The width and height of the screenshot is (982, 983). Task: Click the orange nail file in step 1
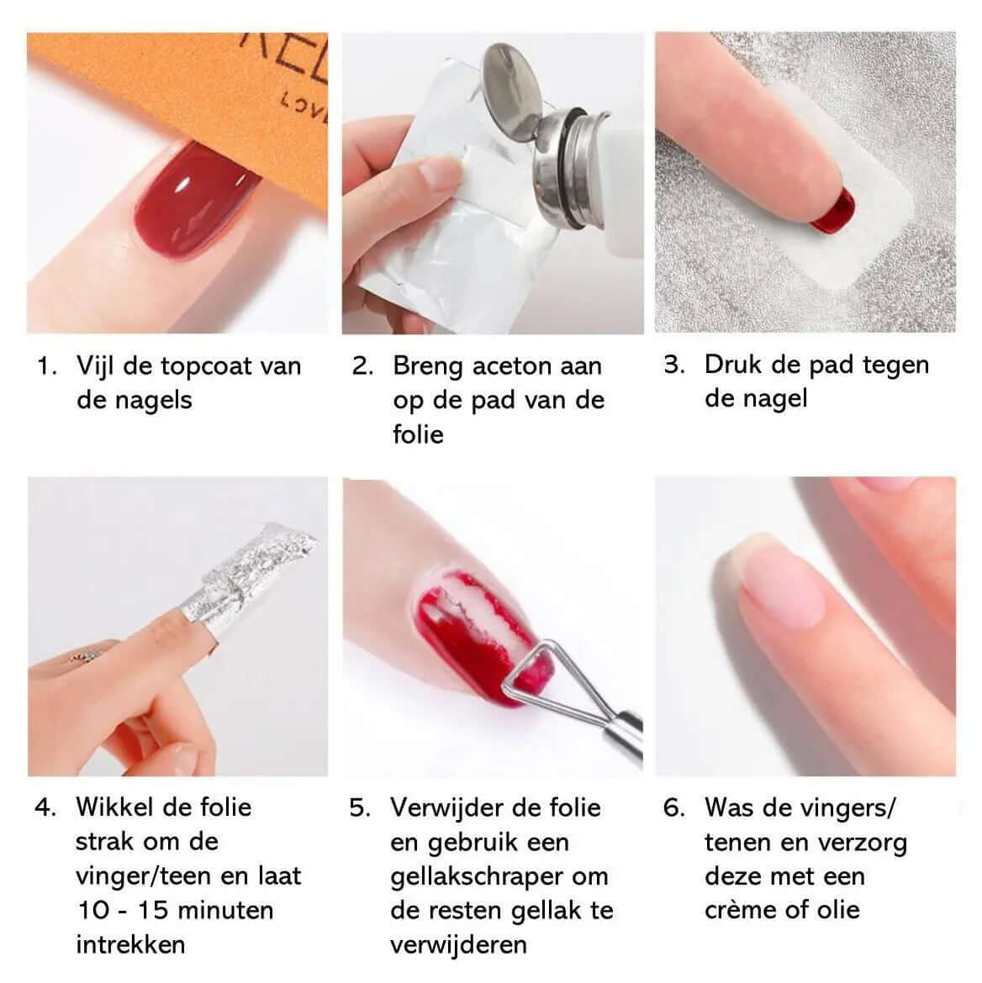point(207,94)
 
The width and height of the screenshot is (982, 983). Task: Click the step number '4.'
point(45,807)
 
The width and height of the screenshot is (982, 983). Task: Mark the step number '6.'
point(674,807)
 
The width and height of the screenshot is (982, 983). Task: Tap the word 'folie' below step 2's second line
point(418,434)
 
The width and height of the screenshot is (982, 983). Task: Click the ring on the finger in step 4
point(86,656)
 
